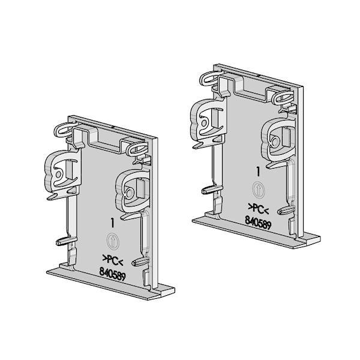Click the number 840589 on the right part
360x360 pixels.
pyautogui.click(x=258, y=222)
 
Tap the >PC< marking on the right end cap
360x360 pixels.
pyautogui.click(x=259, y=208)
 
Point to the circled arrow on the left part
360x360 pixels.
pyautogui.click(x=113, y=241)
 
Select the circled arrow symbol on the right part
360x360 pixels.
pyautogui.click(x=259, y=190)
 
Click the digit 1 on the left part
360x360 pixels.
pyautogui.click(x=112, y=223)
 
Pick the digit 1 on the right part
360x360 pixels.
pyautogui.click(x=258, y=172)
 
